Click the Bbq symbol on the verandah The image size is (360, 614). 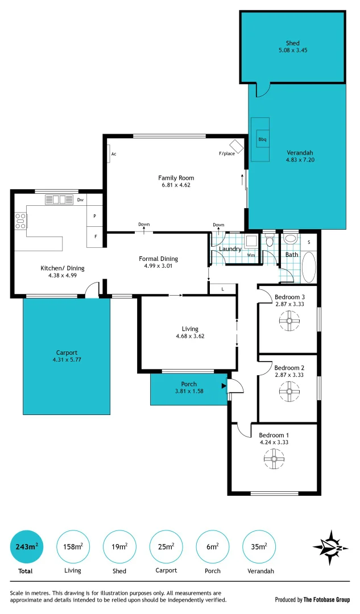tap(262, 139)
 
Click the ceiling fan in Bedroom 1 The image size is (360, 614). tap(274, 459)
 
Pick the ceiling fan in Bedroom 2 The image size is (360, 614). tap(289, 391)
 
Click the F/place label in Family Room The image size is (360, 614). tap(227, 153)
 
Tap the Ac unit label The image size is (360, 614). tap(114, 154)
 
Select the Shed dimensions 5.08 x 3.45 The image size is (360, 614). tap(293, 50)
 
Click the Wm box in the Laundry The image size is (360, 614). tap(251, 255)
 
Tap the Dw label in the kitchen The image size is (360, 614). tap(81, 200)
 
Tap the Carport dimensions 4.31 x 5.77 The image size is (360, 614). tap(67, 359)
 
